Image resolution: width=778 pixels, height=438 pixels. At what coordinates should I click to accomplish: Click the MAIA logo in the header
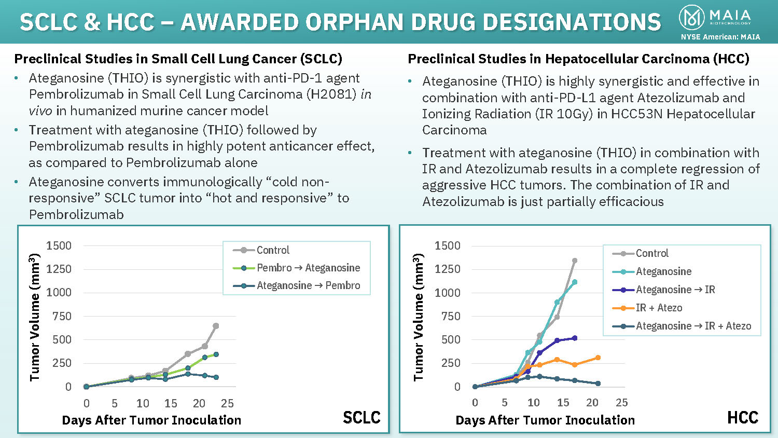[x=715, y=17]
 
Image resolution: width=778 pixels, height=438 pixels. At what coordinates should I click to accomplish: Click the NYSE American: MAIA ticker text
[x=720, y=37]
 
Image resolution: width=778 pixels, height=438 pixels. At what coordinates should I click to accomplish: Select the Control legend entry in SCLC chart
[x=273, y=250]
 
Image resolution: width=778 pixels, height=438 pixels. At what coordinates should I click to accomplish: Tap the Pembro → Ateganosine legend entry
[x=308, y=268]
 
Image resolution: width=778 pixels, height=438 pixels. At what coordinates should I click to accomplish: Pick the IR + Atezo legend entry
[x=659, y=308]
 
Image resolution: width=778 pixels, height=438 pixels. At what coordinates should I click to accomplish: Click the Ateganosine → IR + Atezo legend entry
[x=693, y=326]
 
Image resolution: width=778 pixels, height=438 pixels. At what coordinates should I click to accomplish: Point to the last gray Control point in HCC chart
[x=575, y=261]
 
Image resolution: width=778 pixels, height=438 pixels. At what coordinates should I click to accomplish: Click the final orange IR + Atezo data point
[x=598, y=358]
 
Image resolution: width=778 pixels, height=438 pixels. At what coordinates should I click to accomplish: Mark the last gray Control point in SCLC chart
[x=216, y=326]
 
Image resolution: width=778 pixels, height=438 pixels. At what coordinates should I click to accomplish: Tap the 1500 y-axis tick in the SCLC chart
[x=59, y=245]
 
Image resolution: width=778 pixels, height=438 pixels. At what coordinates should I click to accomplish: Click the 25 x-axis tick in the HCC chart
[x=621, y=403]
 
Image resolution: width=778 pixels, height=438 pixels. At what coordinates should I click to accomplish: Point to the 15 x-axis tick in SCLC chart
[x=171, y=403]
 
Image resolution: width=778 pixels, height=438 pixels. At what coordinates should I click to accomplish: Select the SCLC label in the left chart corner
[x=362, y=417]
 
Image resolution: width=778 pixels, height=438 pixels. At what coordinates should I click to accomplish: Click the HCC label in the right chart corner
[x=743, y=417]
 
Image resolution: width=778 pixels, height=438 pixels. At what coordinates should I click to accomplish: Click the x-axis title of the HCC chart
[x=545, y=420]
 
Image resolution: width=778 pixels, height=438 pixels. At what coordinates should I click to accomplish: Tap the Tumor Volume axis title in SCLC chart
[x=35, y=317]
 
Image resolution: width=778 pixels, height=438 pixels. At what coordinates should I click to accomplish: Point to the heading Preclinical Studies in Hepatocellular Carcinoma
[x=578, y=59]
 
